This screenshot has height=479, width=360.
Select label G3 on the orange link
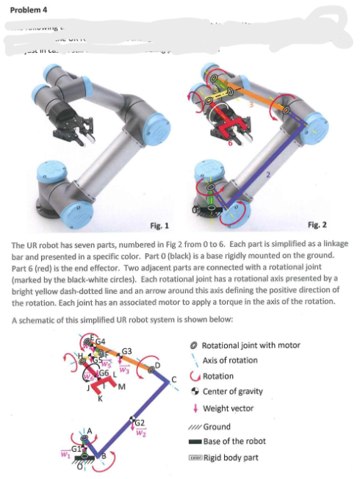(126, 352)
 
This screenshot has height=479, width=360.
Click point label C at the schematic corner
(173, 379)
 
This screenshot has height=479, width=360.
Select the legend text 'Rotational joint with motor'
(251, 345)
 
